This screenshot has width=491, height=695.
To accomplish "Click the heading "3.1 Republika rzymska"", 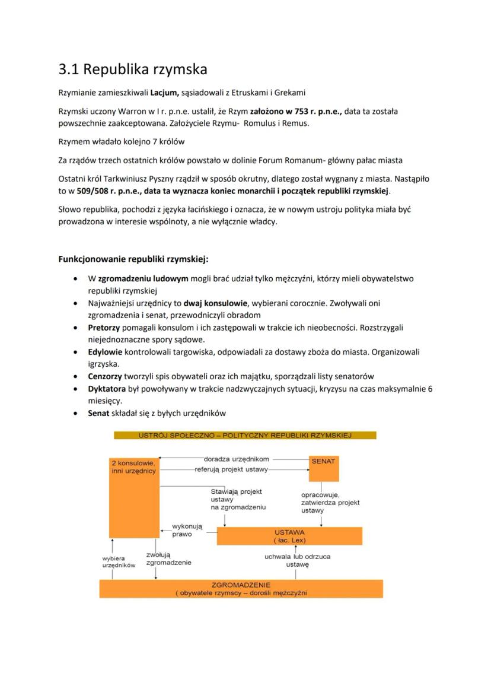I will (133, 70).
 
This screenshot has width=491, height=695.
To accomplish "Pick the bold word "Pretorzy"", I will (104, 328).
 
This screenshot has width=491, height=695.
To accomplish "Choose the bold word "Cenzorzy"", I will (106, 376).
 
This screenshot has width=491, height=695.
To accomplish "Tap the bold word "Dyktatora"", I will (108, 389).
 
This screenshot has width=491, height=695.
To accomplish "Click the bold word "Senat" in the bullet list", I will (98, 413).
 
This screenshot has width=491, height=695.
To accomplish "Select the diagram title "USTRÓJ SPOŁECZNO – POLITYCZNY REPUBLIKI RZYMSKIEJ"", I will (245, 435).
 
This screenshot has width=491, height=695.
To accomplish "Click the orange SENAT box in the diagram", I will (324, 468).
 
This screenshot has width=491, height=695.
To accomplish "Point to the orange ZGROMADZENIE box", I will (241, 588).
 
